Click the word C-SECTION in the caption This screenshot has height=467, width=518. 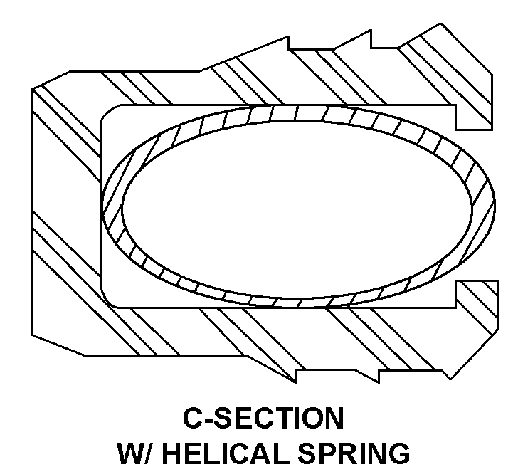tap(264, 419)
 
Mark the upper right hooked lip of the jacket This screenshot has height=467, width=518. tap(472, 107)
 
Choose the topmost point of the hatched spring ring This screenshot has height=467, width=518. tap(299, 112)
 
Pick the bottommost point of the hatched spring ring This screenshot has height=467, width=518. tap(299, 303)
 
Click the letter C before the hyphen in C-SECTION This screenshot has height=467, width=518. tap(193, 419)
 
